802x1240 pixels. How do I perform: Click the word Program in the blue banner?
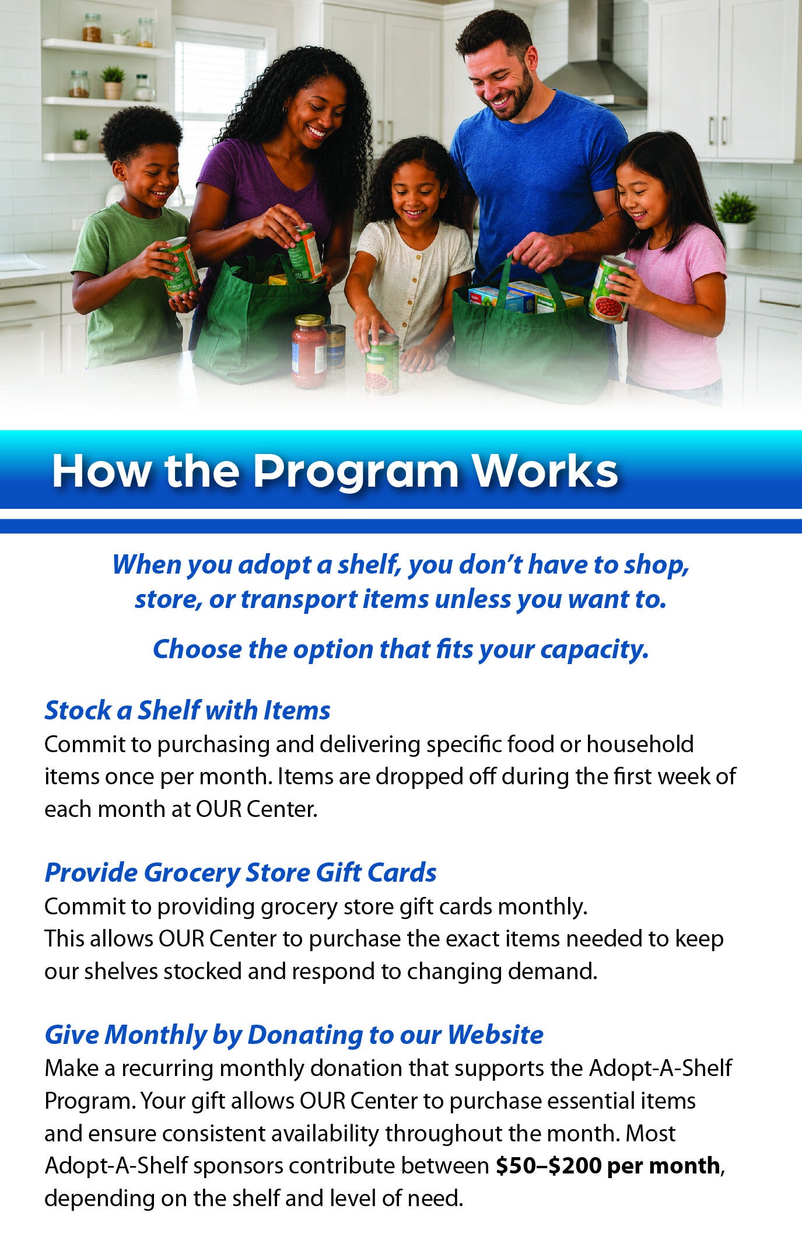[x=356, y=471]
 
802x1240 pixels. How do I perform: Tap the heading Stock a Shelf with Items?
[x=187, y=710]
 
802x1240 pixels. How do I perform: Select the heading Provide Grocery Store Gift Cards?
[x=240, y=874]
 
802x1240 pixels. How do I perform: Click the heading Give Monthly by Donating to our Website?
[x=294, y=1035]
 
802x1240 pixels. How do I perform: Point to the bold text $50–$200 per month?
[x=608, y=1165]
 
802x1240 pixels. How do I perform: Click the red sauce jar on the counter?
[x=309, y=352]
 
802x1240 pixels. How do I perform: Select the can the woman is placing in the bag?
[x=304, y=253]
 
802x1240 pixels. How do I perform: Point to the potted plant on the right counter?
[x=735, y=218]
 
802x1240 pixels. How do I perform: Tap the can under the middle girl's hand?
[x=382, y=363]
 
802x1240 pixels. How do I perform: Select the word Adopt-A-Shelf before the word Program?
[x=660, y=1068]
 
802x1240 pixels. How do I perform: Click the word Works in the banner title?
[x=545, y=471]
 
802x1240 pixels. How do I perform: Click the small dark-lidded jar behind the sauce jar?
[x=335, y=347]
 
